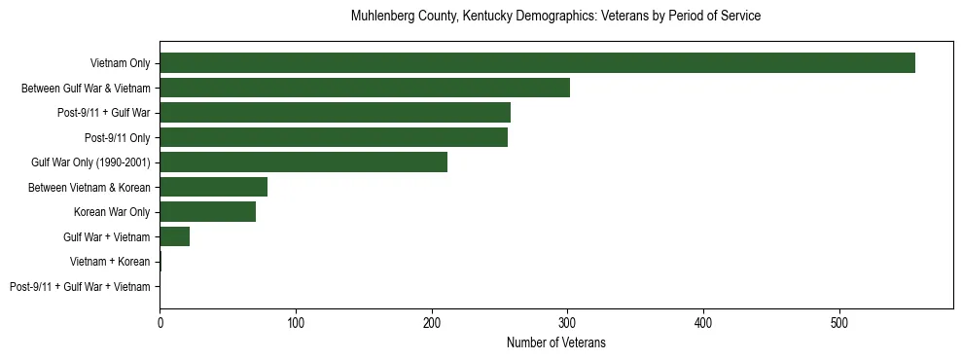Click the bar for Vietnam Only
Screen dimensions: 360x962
click(x=537, y=63)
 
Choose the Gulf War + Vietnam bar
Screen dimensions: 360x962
click(x=174, y=236)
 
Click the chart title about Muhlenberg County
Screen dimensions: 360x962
click(x=555, y=17)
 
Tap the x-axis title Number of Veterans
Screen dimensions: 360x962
click(x=555, y=342)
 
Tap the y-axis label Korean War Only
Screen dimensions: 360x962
click(x=112, y=212)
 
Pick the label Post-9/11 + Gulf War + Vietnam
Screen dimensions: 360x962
click(x=80, y=287)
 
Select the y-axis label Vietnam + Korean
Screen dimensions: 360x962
click(x=110, y=262)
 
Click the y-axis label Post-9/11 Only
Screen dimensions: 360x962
click(x=118, y=137)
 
